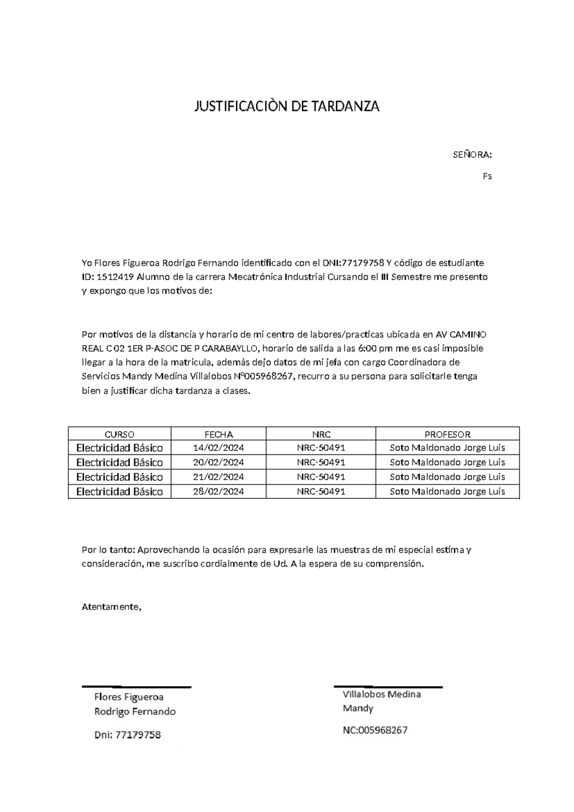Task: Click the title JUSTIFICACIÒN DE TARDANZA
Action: pyautogui.click(x=287, y=106)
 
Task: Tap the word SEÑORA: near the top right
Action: pyautogui.click(x=472, y=155)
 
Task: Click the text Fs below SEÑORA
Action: pyautogui.click(x=487, y=176)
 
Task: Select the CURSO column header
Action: pyautogui.click(x=119, y=434)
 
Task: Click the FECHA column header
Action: pyautogui.click(x=219, y=434)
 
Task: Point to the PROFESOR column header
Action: pyautogui.click(x=447, y=434)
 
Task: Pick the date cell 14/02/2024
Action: pyautogui.click(x=219, y=448)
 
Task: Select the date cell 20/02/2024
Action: pyautogui.click(x=219, y=462)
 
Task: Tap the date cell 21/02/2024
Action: pyautogui.click(x=219, y=477)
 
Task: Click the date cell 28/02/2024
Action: pyautogui.click(x=219, y=491)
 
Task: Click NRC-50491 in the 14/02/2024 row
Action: pyautogui.click(x=320, y=448)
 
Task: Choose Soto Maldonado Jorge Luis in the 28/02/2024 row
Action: pyautogui.click(x=447, y=491)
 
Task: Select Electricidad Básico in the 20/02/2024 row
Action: pyautogui.click(x=119, y=462)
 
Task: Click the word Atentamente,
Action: pyautogui.click(x=112, y=607)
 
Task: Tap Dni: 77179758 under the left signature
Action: pyautogui.click(x=127, y=735)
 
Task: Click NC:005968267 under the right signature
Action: pyautogui.click(x=375, y=730)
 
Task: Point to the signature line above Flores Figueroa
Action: pyautogui.click(x=136, y=687)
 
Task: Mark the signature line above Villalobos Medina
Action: pyautogui.click(x=387, y=687)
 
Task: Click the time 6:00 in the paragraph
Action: pyautogui.click(x=367, y=348)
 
